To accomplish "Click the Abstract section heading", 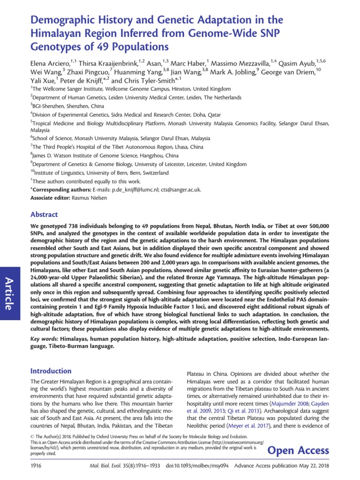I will [x=44, y=214].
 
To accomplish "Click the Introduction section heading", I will [x=51, y=371].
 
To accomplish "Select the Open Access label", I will [x=298, y=450].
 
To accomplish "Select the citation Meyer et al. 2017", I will [x=262, y=426].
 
